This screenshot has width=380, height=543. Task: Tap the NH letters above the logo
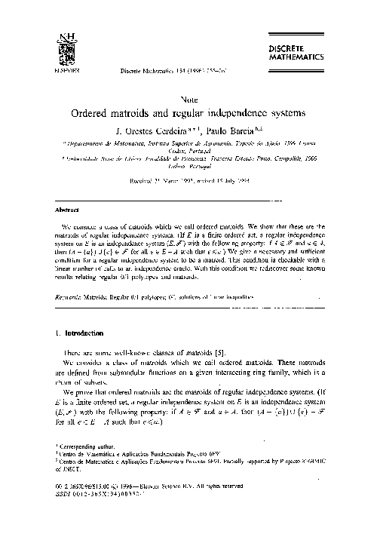point(54,36)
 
